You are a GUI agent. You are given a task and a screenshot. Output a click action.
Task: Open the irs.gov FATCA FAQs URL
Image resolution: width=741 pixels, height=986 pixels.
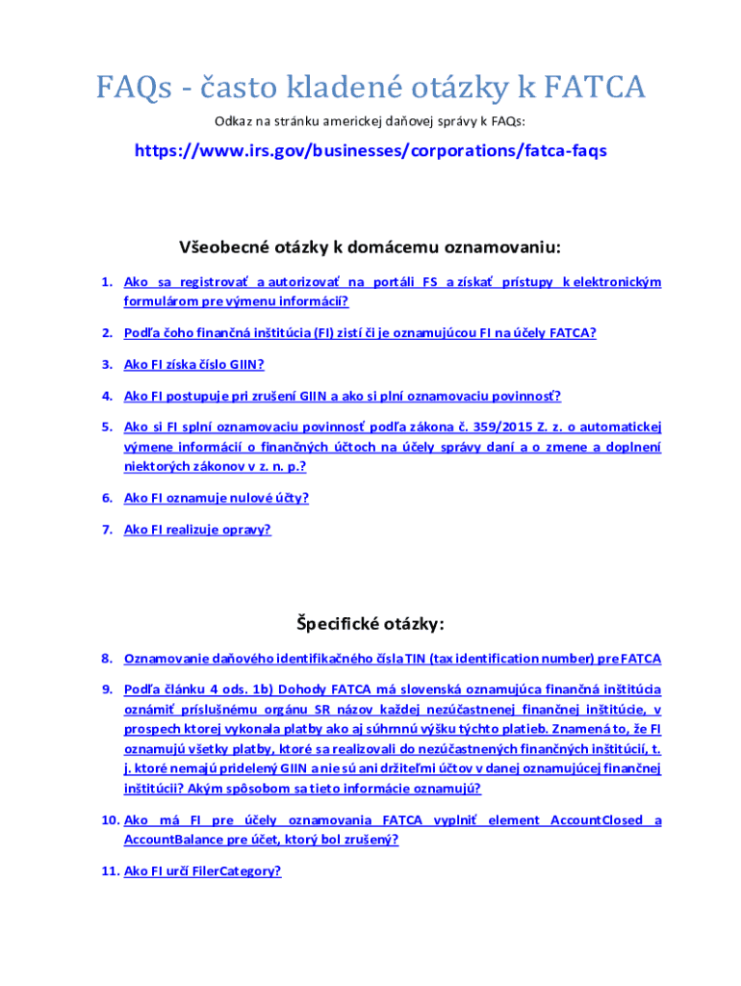(x=370, y=151)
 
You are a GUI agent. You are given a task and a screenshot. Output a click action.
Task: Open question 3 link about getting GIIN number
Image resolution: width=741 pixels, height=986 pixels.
(x=193, y=364)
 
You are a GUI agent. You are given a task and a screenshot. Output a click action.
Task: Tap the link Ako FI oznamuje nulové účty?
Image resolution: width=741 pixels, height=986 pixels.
(x=217, y=498)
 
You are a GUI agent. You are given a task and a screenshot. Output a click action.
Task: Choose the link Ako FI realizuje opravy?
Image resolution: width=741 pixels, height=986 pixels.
(x=197, y=529)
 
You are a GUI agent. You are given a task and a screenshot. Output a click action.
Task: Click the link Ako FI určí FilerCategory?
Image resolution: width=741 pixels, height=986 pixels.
(x=202, y=870)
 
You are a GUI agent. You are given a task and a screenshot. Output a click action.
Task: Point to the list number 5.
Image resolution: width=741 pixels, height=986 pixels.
(x=108, y=426)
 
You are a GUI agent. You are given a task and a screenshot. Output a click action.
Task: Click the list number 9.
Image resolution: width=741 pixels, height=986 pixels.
(x=108, y=689)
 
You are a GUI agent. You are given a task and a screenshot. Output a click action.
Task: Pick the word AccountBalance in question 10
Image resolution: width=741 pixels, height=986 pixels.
(x=169, y=839)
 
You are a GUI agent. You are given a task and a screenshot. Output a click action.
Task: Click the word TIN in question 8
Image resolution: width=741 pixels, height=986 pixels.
(x=416, y=659)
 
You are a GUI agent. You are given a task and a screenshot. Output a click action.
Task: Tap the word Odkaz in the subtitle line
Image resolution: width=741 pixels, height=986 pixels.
(x=232, y=121)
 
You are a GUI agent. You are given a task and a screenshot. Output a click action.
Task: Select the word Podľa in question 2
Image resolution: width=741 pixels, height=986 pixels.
(x=142, y=333)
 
